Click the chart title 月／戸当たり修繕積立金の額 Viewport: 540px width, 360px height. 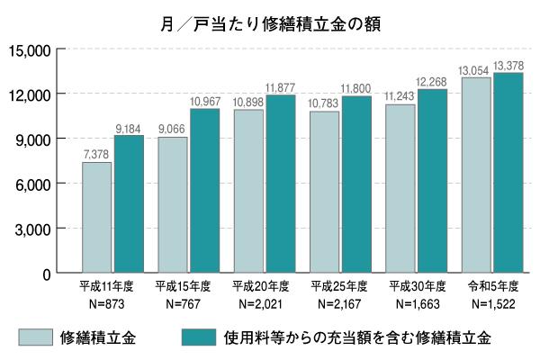269,23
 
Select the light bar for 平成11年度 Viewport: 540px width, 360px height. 97,217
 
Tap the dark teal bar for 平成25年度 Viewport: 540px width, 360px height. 356,184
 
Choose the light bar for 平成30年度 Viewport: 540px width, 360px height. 400,188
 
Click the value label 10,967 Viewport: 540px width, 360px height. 204,102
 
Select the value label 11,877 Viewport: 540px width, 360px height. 281,87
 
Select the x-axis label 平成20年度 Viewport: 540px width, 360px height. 260,286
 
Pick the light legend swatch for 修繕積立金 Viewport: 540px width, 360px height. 34,337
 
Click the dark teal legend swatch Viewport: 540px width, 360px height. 198,337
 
